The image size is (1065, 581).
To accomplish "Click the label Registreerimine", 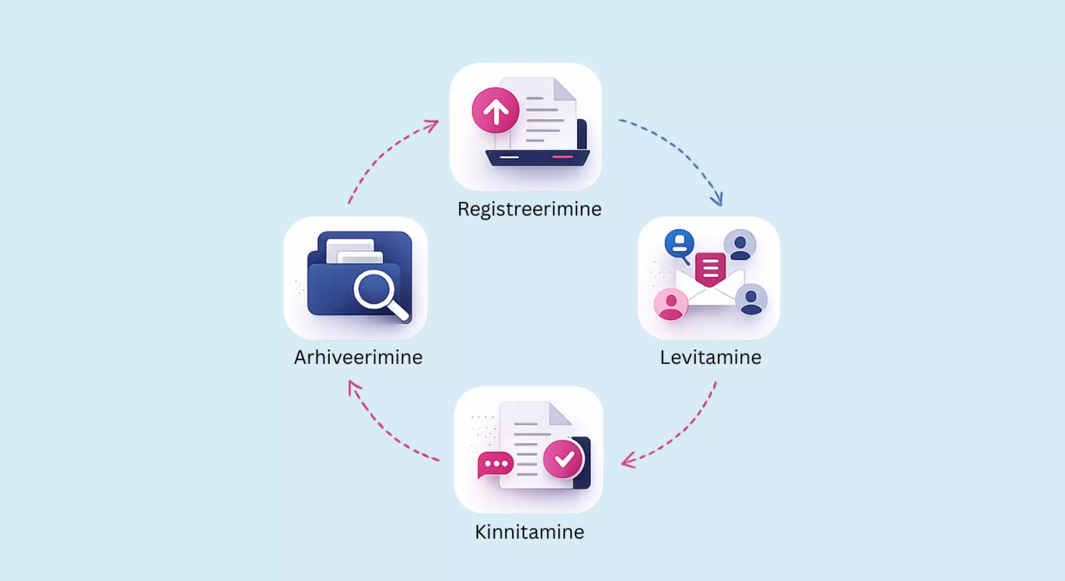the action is (x=529, y=209).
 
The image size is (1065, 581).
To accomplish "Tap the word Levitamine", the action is (x=710, y=357).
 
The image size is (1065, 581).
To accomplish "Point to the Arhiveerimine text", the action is (x=358, y=357).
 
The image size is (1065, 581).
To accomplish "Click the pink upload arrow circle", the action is (x=495, y=110).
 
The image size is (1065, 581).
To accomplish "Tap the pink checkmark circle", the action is (x=563, y=459).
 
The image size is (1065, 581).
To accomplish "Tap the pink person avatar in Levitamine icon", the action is (x=671, y=304).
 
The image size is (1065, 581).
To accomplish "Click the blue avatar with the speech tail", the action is (x=679, y=245).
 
